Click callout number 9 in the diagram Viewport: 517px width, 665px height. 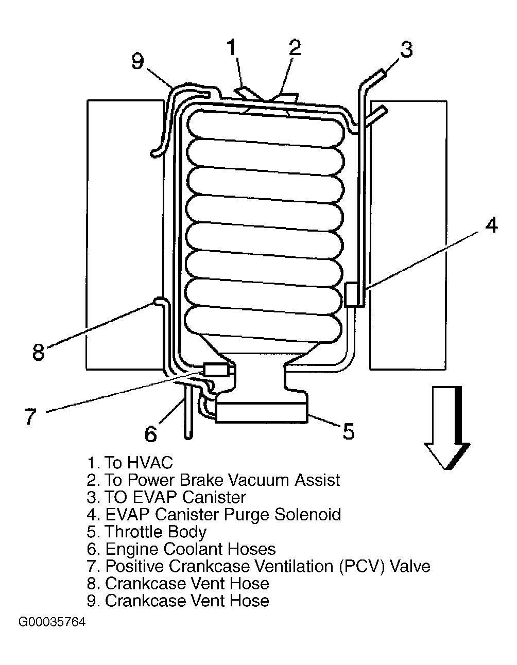point(137,61)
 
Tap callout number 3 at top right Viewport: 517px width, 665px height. point(406,49)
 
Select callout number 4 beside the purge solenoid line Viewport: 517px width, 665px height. point(491,225)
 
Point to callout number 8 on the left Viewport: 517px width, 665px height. point(39,352)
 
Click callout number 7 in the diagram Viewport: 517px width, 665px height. point(30,415)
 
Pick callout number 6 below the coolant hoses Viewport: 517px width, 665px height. point(150,433)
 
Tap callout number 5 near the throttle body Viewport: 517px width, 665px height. point(348,431)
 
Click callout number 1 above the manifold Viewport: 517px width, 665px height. point(231,47)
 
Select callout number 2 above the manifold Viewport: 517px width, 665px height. point(295,47)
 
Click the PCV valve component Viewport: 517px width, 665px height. point(217,370)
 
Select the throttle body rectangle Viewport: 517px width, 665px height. point(261,412)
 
